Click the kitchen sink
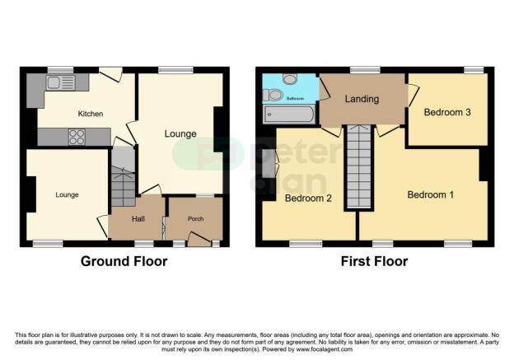[62, 82]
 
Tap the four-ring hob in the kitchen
[75, 138]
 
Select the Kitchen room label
[90, 114]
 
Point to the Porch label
[194, 218]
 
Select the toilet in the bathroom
[288, 79]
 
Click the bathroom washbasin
[272, 95]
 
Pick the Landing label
[362, 100]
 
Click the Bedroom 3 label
[446, 113]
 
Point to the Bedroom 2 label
[308, 199]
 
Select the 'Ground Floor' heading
[124, 261]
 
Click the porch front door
[198, 240]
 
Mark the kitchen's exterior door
[111, 74]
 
